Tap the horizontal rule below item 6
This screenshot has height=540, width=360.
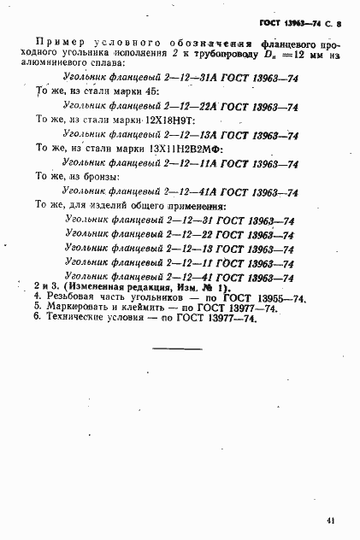coord(177,349)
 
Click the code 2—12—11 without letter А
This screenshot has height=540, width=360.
coord(171,263)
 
